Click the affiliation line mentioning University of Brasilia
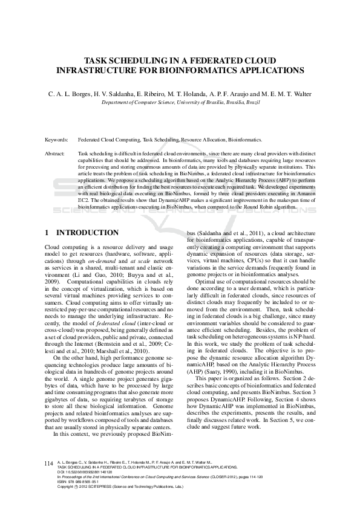[180, 103]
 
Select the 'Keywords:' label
[56, 139]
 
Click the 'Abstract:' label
[55, 154]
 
